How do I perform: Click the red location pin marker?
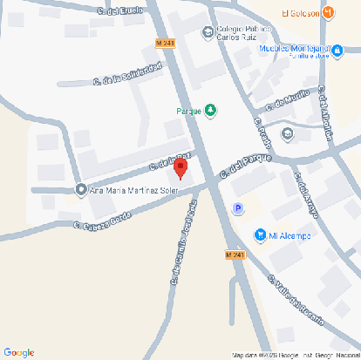(181, 168)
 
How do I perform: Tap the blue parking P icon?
(237, 207)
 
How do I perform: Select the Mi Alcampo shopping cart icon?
(259, 234)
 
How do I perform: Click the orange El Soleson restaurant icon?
(328, 13)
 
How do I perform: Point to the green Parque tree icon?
(210, 111)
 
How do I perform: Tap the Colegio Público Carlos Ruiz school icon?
(207, 34)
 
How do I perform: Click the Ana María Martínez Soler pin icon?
(81, 190)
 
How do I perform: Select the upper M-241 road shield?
(164, 43)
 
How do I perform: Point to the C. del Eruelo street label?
(120, 11)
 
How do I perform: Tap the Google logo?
(19, 351)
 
